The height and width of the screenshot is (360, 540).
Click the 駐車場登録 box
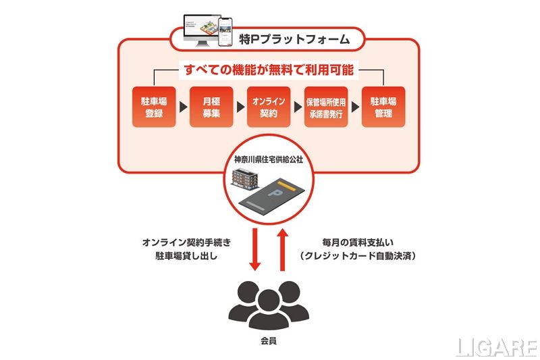154,107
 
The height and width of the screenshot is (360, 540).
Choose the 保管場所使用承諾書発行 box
326,107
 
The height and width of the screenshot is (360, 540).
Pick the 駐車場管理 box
383,107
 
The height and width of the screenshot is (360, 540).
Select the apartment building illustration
244,180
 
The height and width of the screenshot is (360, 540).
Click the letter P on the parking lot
276,195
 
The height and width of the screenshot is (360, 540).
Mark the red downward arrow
256,248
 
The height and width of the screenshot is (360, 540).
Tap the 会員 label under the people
269,341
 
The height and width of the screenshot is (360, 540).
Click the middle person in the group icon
269,307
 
